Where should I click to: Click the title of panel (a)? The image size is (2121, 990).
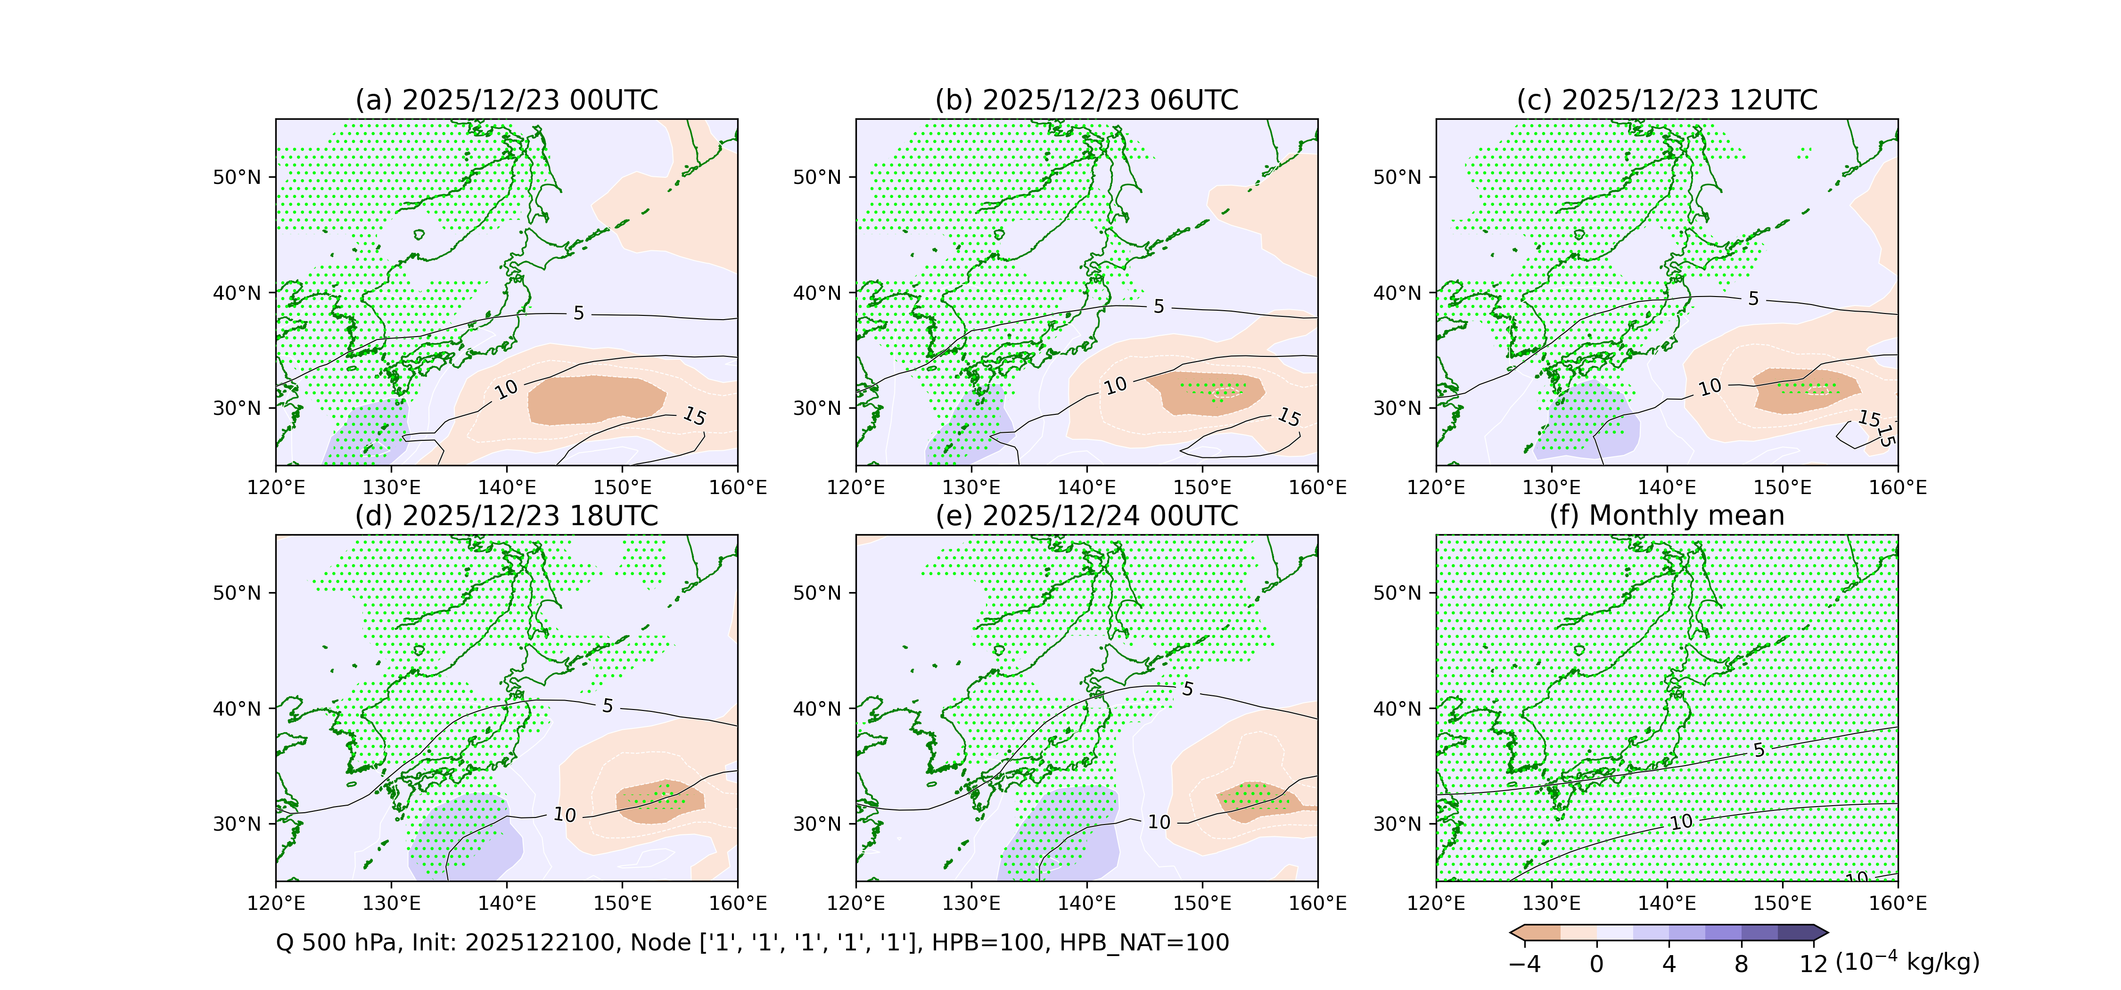point(506,100)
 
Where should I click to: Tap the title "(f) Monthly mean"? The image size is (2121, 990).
point(1667,516)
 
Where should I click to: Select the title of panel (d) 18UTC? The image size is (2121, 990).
point(506,516)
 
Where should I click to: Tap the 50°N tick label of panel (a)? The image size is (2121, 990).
point(237,178)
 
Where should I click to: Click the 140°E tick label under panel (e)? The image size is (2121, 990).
point(1087,904)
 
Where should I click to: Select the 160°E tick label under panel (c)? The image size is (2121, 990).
point(1897,487)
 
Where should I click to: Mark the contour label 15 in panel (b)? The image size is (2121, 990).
point(1289,418)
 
